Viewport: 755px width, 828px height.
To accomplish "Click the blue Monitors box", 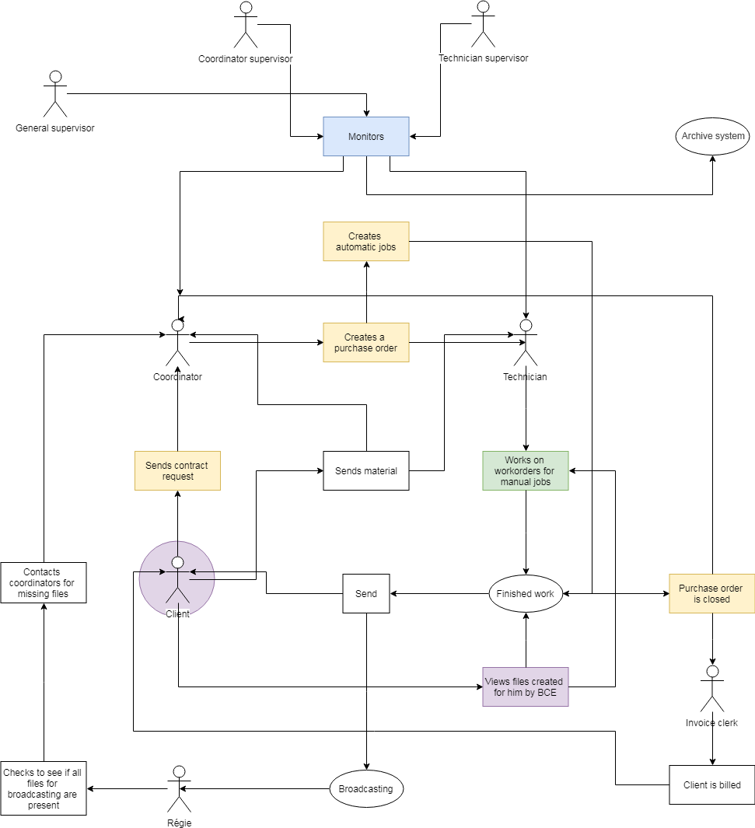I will coord(366,136).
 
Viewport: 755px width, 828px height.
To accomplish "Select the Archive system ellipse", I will coord(713,136).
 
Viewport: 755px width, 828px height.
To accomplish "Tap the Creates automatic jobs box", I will coord(366,242).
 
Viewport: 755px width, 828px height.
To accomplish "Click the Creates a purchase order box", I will coord(366,343).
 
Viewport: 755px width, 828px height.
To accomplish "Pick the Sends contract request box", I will coord(177,470).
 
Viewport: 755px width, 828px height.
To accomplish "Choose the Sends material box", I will coord(366,470).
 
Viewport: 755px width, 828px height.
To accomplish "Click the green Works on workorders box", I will coord(526,470).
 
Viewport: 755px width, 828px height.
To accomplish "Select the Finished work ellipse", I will coord(526,594).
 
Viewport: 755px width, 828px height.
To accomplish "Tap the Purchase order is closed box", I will coord(711,594).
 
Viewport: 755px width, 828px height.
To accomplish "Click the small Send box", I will coord(366,594).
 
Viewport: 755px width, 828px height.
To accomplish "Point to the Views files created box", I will coord(526,687).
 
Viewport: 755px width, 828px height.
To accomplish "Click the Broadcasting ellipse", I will coord(366,788).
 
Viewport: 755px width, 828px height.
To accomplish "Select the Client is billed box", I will coord(711,784).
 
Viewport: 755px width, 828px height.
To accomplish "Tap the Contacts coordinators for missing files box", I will coord(44,582).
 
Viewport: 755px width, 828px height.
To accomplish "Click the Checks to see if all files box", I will coord(44,788).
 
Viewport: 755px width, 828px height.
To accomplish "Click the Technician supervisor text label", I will coord(483,58).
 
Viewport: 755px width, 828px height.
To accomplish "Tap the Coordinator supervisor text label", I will coord(246,58).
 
